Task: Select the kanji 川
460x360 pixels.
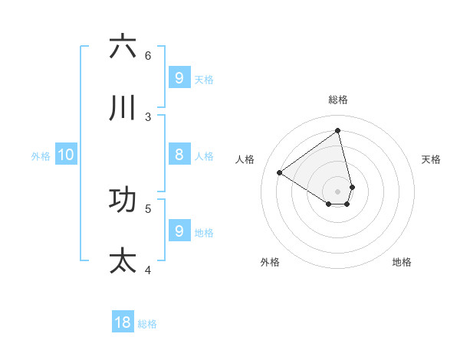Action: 123,108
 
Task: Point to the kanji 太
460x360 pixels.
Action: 123,260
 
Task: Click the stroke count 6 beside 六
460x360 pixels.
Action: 148,55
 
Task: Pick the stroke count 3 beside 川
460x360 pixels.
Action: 148,116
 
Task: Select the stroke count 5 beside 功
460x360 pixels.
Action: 148,208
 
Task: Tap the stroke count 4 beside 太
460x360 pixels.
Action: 148,270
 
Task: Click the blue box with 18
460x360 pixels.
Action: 123,322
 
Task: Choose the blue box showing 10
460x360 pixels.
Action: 66,155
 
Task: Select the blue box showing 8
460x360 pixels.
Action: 179,155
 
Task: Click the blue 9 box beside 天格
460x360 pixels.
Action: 179,77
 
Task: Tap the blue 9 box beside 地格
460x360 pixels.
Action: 179,231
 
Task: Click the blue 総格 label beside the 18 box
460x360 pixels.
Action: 147,324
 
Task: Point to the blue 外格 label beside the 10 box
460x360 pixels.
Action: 41,156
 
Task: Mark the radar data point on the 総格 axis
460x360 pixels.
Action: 338,130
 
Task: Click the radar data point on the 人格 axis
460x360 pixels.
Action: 279,172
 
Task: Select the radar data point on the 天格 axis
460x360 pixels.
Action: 352,187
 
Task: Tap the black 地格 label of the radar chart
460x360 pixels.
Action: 402,262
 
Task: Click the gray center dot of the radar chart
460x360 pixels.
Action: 338,191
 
